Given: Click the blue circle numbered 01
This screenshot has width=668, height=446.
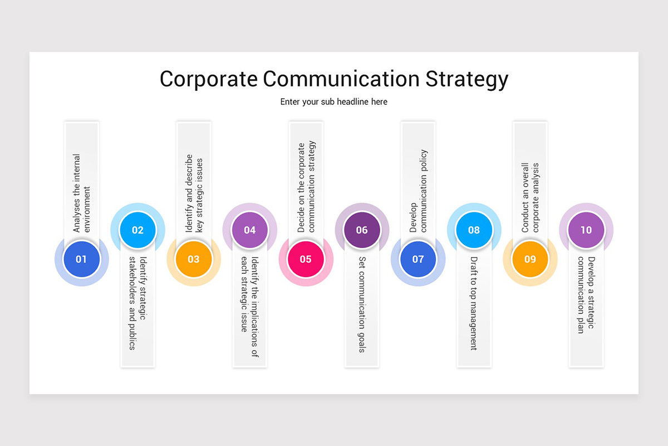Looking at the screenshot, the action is point(81,259).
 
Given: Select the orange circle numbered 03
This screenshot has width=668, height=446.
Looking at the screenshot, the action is point(193,259).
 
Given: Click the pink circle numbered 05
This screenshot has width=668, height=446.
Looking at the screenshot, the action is point(306,259).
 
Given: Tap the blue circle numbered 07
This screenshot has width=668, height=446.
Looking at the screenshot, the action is point(418,259).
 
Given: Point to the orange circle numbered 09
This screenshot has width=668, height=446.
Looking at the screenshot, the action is point(530,259).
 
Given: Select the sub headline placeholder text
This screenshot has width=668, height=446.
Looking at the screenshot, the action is point(334,102).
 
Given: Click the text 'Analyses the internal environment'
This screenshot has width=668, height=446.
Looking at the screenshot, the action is point(81,193).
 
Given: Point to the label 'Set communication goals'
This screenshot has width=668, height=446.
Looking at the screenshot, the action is point(362,304).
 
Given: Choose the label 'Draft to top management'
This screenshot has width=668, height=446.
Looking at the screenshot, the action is point(474,303).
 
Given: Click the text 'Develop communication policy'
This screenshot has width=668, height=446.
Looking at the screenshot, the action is point(418,191).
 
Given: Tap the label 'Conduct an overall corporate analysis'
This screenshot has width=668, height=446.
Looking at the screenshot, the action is point(530,197).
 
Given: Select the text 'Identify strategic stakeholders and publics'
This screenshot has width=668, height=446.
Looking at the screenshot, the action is point(137,303).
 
